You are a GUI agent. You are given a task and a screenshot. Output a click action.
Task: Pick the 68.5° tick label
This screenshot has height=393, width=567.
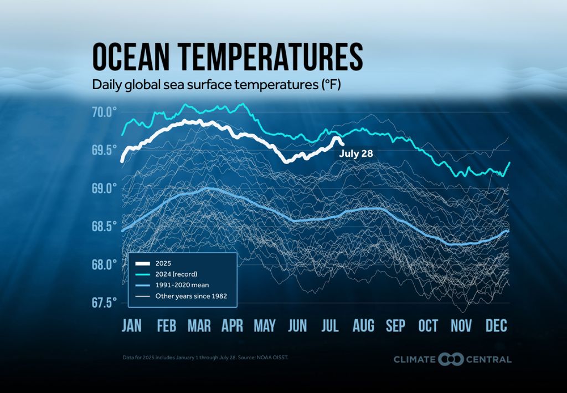pyautogui.click(x=104, y=226)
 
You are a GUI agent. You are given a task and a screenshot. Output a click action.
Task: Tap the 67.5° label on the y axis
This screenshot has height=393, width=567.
pyautogui.click(x=104, y=303)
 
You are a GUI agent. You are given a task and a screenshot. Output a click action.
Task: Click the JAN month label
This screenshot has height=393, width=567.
pyautogui.click(x=132, y=326)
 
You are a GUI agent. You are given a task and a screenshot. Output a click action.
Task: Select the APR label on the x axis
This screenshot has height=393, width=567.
pyautogui.click(x=232, y=326)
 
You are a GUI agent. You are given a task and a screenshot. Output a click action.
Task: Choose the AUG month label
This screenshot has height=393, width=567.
pyautogui.click(x=363, y=326)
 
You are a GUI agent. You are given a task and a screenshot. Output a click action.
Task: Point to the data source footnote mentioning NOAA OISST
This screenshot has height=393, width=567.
pyautogui.click(x=205, y=358)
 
